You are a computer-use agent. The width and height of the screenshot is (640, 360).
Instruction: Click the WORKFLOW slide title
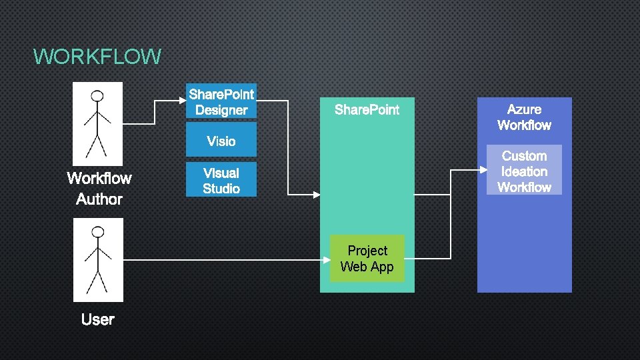[x=97, y=57]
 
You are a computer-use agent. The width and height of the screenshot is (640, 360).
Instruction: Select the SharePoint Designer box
[x=221, y=102]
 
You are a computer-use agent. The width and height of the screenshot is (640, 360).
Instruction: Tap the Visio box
[x=221, y=141]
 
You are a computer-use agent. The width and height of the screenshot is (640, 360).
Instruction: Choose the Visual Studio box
[x=221, y=181]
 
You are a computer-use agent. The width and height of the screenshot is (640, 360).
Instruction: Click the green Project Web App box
[x=367, y=259]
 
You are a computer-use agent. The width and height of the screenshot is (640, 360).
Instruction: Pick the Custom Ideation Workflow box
[x=524, y=171]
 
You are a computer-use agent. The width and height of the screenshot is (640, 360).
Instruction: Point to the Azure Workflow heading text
[x=524, y=117]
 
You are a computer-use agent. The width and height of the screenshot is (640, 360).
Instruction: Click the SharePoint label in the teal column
[x=367, y=110]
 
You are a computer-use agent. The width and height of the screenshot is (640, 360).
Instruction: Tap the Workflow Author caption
[x=99, y=189]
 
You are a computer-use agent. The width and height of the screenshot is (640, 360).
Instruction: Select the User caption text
[x=98, y=320]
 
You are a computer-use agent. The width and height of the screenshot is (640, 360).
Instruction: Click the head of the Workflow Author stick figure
[x=98, y=95]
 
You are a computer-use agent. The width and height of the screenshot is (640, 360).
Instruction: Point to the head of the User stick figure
[x=98, y=232]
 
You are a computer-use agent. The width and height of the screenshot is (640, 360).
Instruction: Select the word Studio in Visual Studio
[x=221, y=189]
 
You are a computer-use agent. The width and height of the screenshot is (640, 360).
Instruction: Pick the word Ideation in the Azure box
[x=524, y=171]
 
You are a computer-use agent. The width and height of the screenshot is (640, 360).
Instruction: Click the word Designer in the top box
[x=221, y=111]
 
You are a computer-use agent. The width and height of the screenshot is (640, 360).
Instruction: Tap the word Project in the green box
[x=367, y=251]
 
